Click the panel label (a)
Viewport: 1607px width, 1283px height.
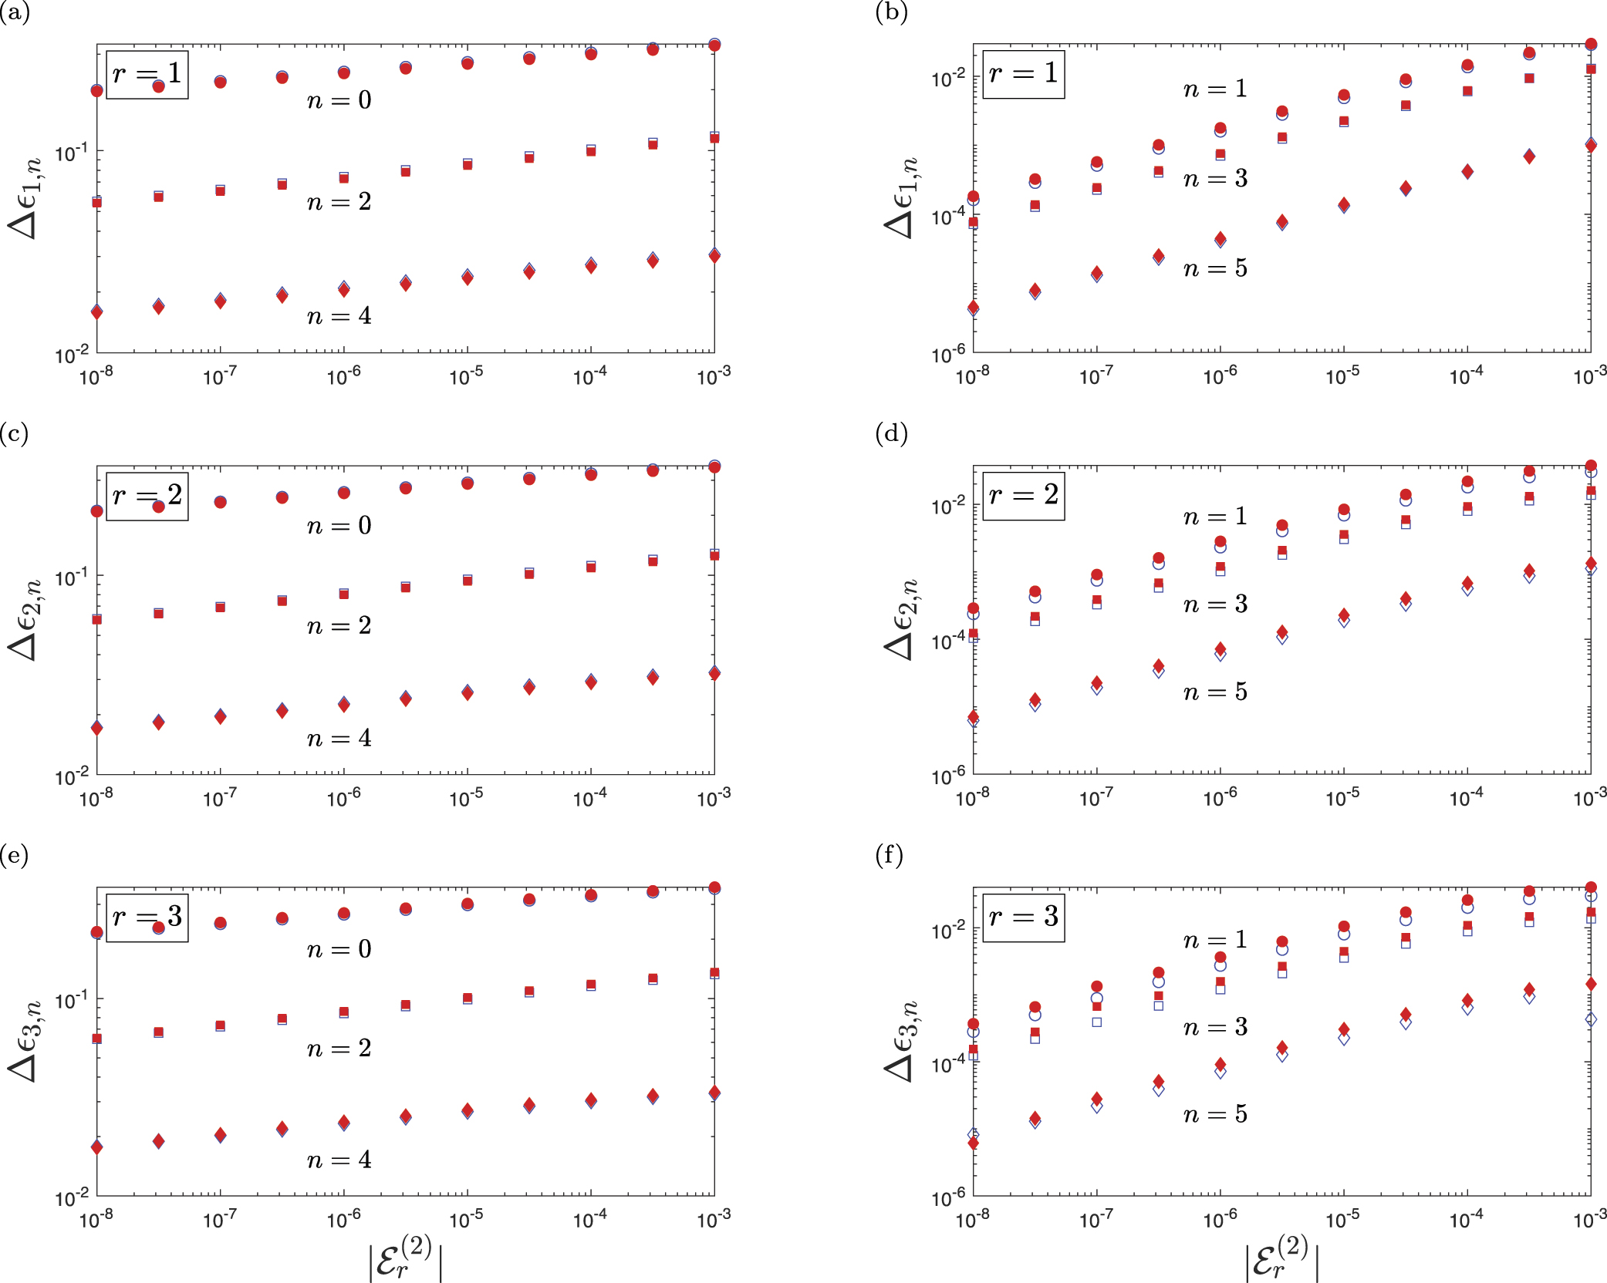[x=15, y=13]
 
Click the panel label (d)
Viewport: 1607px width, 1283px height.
[x=891, y=434]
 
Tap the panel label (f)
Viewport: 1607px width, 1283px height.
[x=890, y=856]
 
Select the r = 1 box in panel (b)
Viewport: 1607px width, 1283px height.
[x=1024, y=74]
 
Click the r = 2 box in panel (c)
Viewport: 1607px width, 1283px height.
[x=147, y=496]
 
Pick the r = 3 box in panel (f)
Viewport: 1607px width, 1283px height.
[x=1024, y=918]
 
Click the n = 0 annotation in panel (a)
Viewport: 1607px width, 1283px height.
[x=339, y=100]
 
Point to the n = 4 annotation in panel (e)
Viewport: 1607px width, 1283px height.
[x=339, y=1160]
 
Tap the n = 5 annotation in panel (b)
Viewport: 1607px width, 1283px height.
[x=1216, y=268]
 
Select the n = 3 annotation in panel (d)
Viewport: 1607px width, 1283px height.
[x=1216, y=604]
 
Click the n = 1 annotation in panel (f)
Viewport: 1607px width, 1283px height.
[x=1216, y=940]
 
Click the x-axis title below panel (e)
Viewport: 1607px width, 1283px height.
[x=406, y=1258]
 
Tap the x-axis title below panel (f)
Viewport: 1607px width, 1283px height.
[x=1282, y=1258]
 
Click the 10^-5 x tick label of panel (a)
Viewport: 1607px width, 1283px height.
[x=467, y=375]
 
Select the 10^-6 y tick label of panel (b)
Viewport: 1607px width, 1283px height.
[x=948, y=354]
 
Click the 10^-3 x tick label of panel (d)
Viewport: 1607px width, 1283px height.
[x=1590, y=796]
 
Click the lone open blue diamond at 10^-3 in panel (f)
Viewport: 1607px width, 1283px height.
[x=1591, y=1019]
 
